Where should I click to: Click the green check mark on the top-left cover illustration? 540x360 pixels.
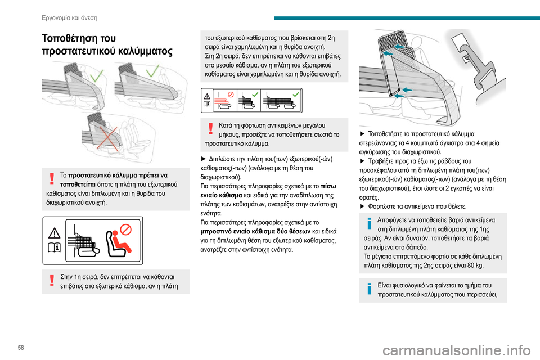point(97,78)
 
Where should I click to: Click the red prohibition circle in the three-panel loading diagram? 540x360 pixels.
point(228,96)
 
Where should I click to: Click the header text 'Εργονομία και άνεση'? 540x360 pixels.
point(70,17)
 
